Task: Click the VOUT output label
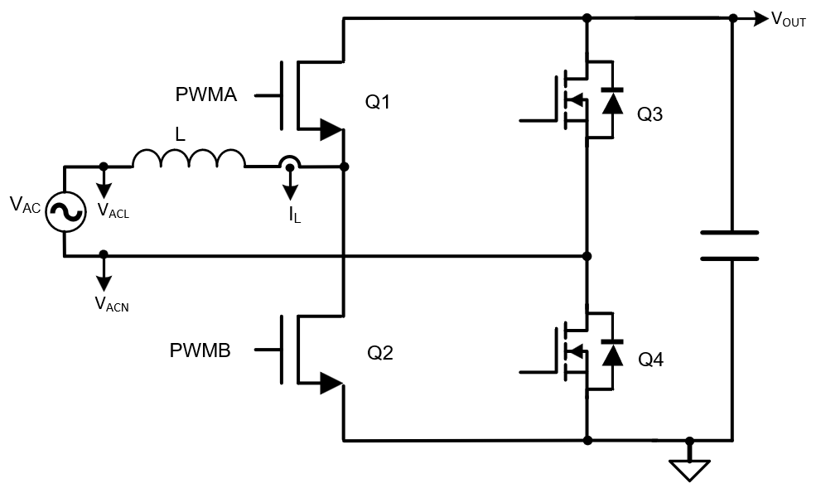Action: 788,20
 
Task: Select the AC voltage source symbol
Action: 65,211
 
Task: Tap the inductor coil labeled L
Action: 189,157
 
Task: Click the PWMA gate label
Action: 205,94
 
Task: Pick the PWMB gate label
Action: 200,350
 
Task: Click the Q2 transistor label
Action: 380,353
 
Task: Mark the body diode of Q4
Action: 612,353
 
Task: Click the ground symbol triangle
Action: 689,470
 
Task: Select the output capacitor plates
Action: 730,245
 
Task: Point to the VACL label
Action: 113,210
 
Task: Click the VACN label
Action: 113,304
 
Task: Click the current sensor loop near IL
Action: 289,162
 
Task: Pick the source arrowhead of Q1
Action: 331,129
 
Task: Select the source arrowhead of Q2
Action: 331,382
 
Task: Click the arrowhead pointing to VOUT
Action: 761,18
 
